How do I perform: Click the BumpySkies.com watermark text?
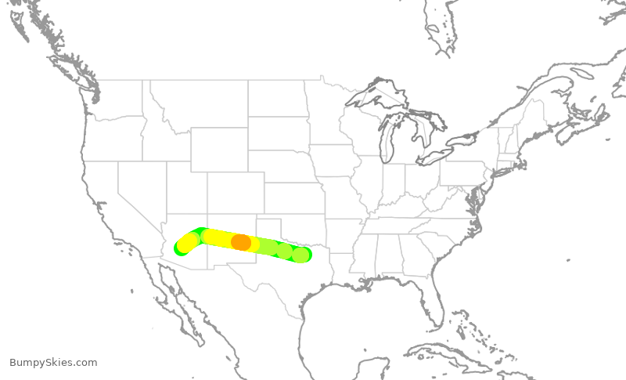pos(53,363)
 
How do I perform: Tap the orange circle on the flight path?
pos(241,242)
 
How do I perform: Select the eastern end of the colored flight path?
pos(302,254)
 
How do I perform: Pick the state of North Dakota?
pos(278,98)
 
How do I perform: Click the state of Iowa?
pos(336,161)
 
